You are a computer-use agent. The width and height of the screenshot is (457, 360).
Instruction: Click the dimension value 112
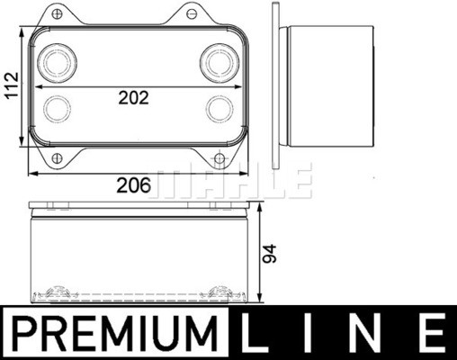[12, 85]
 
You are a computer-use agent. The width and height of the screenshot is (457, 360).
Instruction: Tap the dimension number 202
[133, 98]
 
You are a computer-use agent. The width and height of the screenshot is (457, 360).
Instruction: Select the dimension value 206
[133, 185]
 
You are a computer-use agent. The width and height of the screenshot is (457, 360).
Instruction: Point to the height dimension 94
[269, 254]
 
